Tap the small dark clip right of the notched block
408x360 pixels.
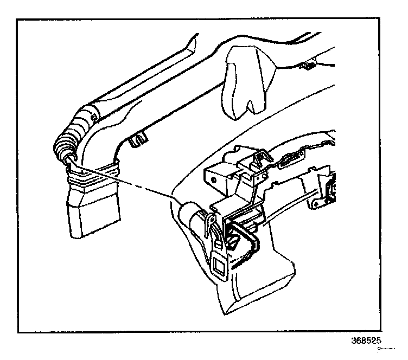(307, 66)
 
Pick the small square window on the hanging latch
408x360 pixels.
(220, 265)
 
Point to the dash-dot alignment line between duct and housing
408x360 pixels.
(136, 184)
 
